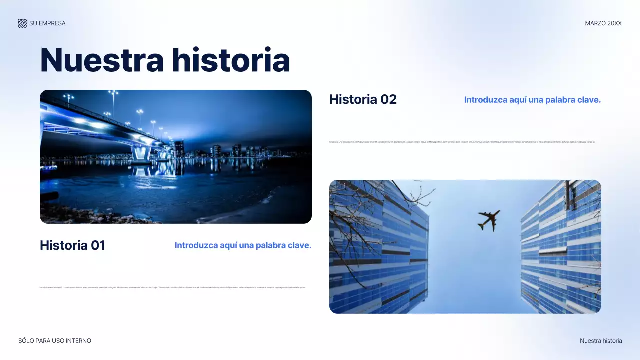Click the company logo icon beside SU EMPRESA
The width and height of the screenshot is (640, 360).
point(22,23)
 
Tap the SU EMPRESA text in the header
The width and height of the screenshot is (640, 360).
point(47,23)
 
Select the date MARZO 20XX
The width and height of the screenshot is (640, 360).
point(603,23)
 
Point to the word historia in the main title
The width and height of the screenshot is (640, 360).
point(231,60)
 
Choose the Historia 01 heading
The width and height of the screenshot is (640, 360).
point(72,245)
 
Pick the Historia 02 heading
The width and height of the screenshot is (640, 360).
point(363,99)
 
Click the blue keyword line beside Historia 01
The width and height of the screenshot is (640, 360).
point(243,245)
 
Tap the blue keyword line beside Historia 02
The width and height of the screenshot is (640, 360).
point(532,100)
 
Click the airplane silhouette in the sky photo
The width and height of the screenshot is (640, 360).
point(488,220)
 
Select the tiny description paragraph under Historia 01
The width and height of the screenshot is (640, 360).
point(172,288)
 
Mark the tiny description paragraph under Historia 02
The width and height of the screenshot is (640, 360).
point(462,142)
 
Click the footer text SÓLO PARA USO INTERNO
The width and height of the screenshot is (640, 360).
point(55,341)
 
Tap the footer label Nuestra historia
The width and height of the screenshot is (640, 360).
point(601,341)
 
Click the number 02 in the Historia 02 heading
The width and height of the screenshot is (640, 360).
point(388,99)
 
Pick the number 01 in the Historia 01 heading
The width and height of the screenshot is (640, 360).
point(98,245)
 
